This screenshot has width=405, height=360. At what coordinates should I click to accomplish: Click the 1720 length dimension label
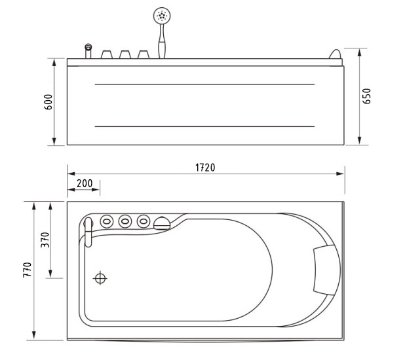(205, 168)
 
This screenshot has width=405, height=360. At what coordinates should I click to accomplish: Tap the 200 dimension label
(85, 183)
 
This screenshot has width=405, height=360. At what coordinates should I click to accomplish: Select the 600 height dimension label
(48, 102)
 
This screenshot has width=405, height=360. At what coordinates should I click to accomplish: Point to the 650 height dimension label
(366, 96)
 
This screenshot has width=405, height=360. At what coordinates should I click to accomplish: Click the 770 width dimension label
(28, 270)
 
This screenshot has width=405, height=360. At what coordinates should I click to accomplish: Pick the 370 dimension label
(45, 240)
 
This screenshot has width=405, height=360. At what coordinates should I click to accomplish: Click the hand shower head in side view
(162, 16)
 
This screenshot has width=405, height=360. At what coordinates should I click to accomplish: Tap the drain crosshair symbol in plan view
(100, 278)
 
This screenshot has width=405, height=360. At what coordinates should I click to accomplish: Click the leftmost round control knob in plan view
(106, 221)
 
